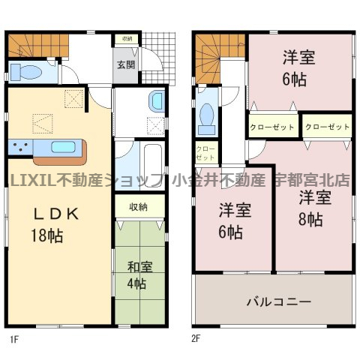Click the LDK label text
(56, 214)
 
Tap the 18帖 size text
(46, 235)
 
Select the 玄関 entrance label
(126, 64)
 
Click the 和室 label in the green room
(139, 267)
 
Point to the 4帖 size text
(136, 283)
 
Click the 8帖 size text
(310, 219)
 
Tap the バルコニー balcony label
(279, 301)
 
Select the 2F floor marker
(196, 338)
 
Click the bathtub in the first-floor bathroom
(153, 165)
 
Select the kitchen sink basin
(63, 147)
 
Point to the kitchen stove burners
(20, 147)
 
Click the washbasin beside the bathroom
(157, 101)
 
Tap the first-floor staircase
(38, 46)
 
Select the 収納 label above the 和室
(138, 207)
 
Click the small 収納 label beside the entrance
(127, 39)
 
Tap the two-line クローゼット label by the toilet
(205, 153)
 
